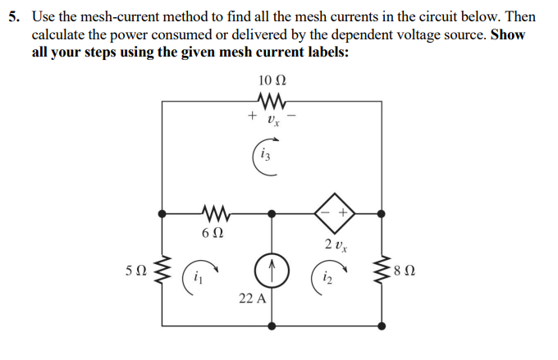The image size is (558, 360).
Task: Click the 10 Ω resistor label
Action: coord(272,80)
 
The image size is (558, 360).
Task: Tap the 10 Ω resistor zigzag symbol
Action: coord(272,102)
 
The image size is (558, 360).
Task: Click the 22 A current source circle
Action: coord(272,268)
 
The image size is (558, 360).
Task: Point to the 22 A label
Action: coord(252,298)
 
